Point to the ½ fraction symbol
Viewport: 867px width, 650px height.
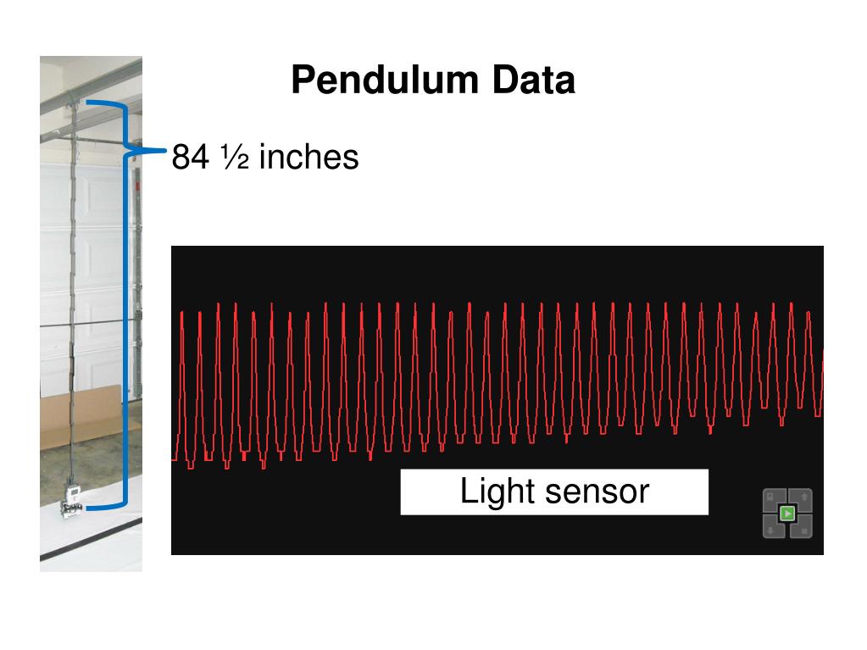coord(235,157)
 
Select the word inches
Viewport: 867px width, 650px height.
coord(308,157)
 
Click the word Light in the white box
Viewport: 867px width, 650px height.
coord(486,492)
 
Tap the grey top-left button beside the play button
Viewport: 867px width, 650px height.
coord(772,498)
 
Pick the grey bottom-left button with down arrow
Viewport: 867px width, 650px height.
coord(772,528)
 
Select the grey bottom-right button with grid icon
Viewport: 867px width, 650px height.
coord(803,528)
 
